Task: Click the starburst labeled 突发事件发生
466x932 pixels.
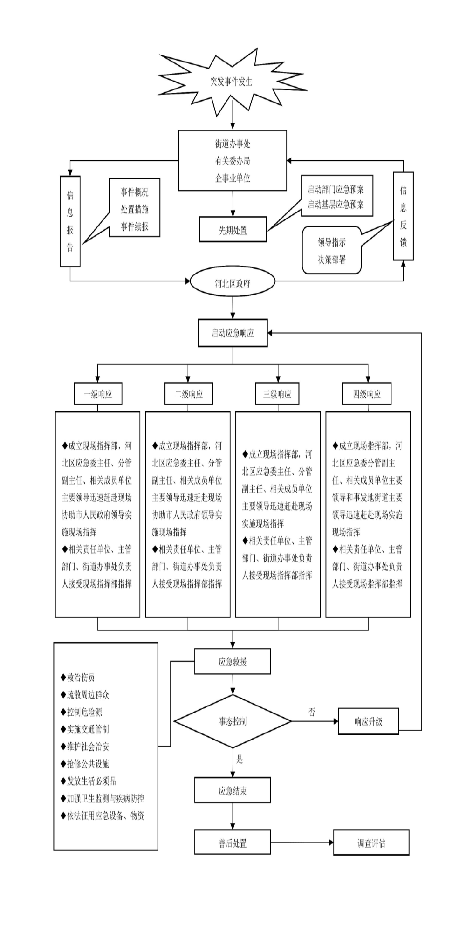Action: click(x=231, y=82)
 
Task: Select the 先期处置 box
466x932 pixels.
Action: click(x=233, y=230)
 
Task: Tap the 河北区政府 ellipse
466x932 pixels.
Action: click(x=233, y=282)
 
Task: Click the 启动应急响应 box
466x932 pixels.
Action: click(x=233, y=333)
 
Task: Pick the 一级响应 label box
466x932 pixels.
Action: click(x=98, y=394)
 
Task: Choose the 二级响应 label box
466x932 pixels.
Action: click(x=188, y=394)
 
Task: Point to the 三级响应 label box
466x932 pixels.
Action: click(x=277, y=394)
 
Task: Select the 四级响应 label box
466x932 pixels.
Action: click(x=367, y=394)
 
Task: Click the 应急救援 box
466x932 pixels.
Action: click(x=233, y=662)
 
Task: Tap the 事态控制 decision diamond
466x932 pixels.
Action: click(x=233, y=721)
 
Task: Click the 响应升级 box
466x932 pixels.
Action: click(x=368, y=721)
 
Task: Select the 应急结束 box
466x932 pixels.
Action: click(x=233, y=791)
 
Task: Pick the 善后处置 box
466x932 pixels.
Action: click(x=233, y=843)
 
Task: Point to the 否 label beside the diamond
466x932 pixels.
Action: click(x=312, y=712)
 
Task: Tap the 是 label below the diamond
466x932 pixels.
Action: click(x=240, y=760)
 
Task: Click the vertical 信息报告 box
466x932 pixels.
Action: click(x=70, y=221)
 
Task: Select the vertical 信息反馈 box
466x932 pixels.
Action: click(x=403, y=216)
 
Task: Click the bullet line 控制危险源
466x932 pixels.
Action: click(x=84, y=712)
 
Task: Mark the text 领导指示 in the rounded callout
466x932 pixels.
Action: click(x=332, y=242)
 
